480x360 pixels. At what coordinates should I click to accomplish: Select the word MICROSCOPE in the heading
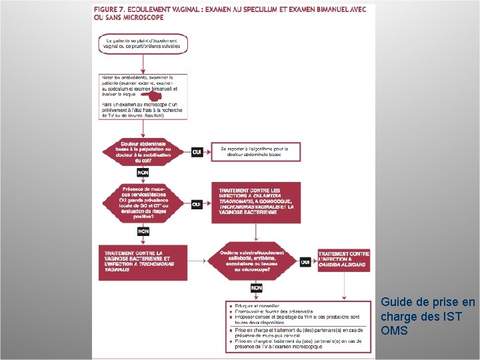pos(142,17)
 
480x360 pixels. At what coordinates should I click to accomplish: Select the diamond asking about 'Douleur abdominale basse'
pos(143,153)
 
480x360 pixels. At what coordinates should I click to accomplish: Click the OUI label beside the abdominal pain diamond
pos(197,153)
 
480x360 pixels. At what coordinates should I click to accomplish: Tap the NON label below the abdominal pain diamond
pos(143,173)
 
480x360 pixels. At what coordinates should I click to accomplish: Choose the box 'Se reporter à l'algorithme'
pos(255,151)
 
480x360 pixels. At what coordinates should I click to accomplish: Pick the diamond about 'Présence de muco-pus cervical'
pos(143,203)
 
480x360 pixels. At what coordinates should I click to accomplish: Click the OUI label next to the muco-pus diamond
pos(197,204)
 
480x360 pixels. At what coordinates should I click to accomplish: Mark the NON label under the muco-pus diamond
pos(143,231)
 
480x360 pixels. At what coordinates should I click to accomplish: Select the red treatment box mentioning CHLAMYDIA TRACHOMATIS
pos(255,201)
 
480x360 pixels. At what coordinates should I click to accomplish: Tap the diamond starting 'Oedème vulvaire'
pos(256,262)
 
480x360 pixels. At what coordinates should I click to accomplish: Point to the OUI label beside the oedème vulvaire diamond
pos(305,262)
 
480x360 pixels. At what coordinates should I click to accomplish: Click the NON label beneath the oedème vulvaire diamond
pos(256,288)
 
